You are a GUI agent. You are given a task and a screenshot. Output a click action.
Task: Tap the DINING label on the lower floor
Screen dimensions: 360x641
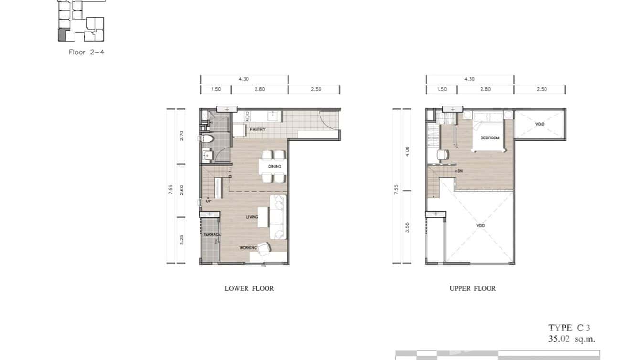pyautogui.click(x=275, y=167)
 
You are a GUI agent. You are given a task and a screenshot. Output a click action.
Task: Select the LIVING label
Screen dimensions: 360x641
pyautogui.click(x=252, y=217)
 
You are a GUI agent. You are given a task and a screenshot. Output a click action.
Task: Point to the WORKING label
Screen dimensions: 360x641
pyautogui.click(x=248, y=248)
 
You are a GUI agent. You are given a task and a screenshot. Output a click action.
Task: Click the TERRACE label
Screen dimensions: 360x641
pyautogui.click(x=212, y=235)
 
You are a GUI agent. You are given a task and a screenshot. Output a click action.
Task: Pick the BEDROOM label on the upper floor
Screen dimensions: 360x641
pyautogui.click(x=490, y=138)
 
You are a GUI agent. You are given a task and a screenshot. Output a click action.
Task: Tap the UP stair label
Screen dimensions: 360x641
pyautogui.click(x=209, y=201)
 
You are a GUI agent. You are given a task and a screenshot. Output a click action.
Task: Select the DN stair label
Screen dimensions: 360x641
pyautogui.click(x=459, y=171)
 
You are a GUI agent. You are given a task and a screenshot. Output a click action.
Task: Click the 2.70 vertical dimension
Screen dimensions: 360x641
pyautogui.click(x=182, y=136)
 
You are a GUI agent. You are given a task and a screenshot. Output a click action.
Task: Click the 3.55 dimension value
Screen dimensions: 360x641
pyautogui.click(x=407, y=227)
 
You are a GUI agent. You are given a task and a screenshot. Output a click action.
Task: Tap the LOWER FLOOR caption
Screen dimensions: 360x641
pyautogui.click(x=249, y=288)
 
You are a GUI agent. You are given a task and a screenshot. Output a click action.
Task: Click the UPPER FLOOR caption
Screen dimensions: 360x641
pyautogui.click(x=472, y=288)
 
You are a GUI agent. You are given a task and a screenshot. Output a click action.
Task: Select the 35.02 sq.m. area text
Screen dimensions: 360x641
pyautogui.click(x=572, y=339)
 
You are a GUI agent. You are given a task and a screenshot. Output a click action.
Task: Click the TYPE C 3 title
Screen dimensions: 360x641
pyautogui.click(x=569, y=328)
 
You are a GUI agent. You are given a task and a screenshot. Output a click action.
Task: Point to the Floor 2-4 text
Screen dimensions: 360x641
pyautogui.click(x=86, y=52)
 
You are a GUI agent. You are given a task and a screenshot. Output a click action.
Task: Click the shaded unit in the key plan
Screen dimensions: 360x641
pyautogui.click(x=62, y=34)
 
